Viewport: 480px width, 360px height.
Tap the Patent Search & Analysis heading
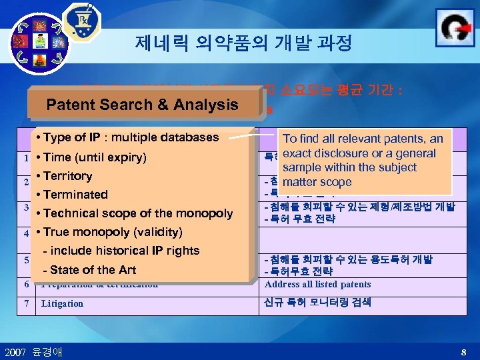(142, 104)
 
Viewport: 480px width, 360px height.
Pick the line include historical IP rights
(121, 251)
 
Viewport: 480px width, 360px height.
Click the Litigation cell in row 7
(62, 303)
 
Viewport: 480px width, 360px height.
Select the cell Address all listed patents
(317, 285)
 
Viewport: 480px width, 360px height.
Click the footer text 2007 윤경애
(33, 351)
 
